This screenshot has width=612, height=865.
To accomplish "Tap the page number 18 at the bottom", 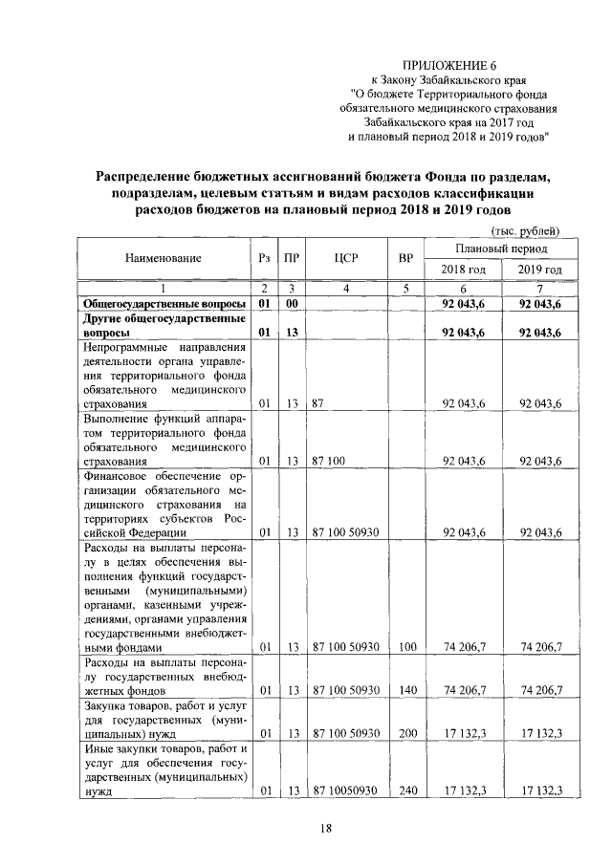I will pos(324,827).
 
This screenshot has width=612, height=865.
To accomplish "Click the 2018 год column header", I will pos(463,270).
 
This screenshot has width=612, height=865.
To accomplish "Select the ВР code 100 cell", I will pos(408,647).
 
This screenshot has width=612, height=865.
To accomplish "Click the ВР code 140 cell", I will pos(408,688).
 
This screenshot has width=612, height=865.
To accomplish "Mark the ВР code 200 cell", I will pos(408,733).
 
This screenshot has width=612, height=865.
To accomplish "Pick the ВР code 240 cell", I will pos(408,791).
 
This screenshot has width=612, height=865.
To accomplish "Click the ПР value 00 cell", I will pos(293,303).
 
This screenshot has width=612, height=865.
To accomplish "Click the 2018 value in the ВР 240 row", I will pos(465,791).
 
